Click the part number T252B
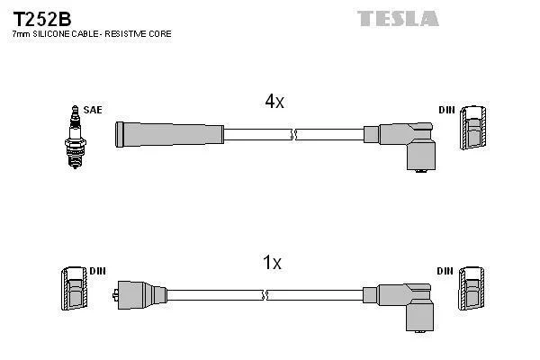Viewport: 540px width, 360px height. (42, 16)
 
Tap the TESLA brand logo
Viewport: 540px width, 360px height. (398, 18)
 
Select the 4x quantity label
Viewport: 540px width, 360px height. (274, 102)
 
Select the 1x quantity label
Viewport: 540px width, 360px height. (272, 263)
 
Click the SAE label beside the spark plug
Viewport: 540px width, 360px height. (92, 110)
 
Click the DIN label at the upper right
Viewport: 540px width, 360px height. (447, 110)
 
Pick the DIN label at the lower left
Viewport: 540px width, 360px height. (98, 271)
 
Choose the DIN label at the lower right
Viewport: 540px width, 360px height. (445, 271)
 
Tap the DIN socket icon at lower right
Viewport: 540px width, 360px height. (471, 290)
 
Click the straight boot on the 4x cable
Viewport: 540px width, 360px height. (169, 135)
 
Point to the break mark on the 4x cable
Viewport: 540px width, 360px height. (294, 135)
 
